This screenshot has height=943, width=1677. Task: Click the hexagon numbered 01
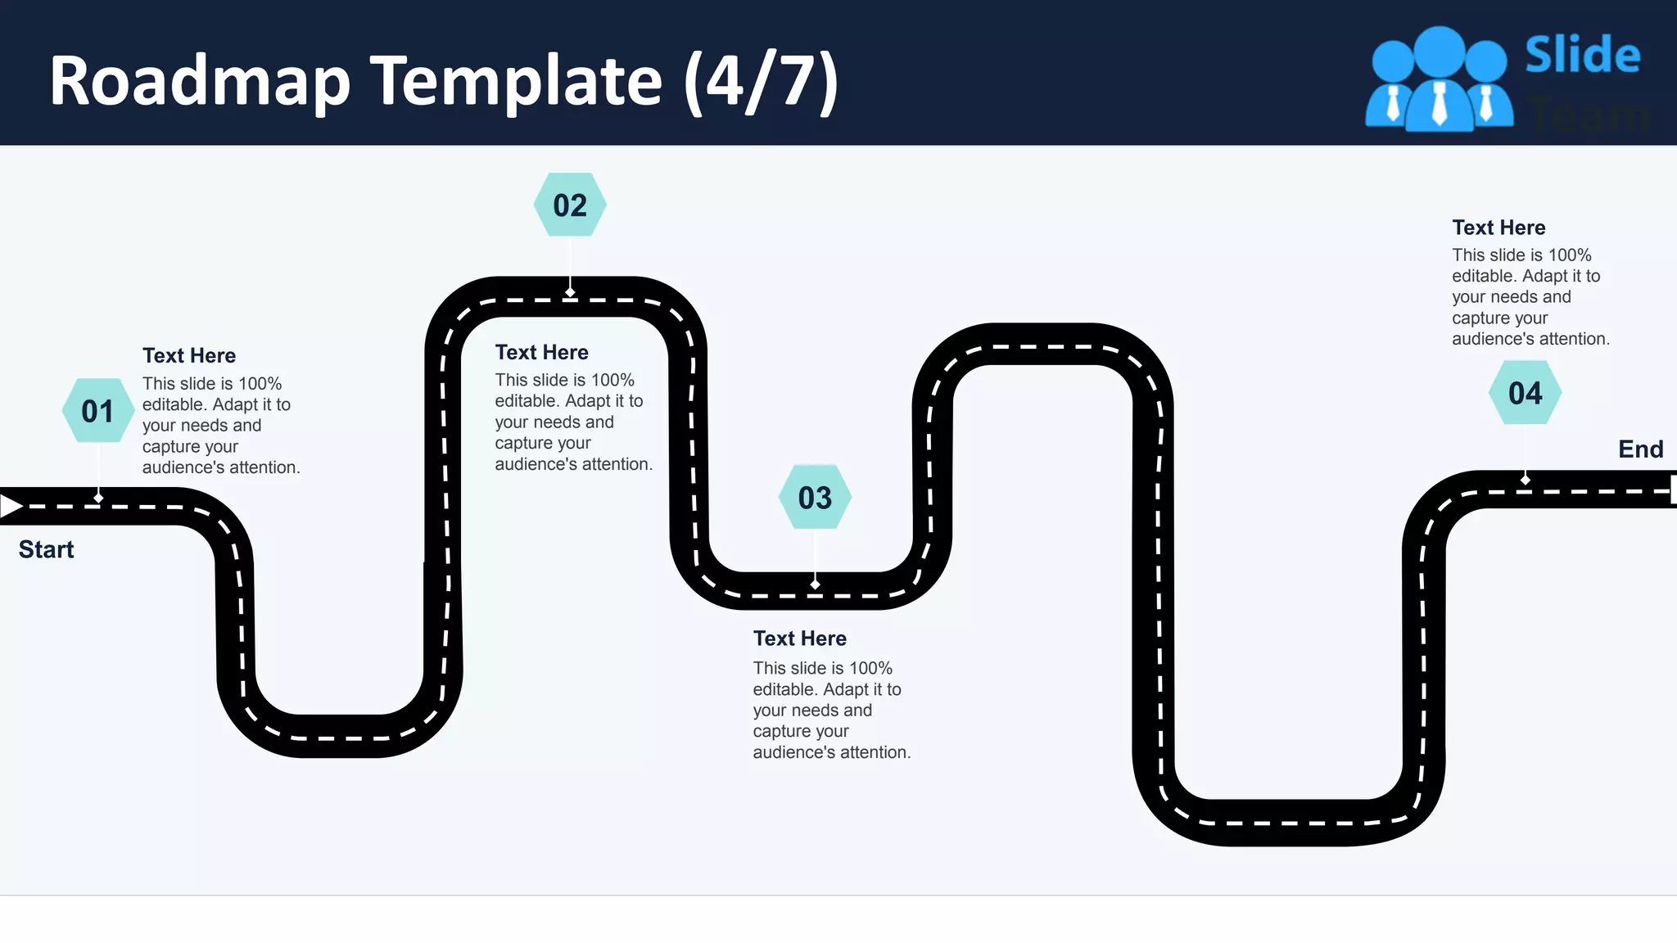tap(98, 410)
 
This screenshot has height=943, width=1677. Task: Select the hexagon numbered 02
tap(570, 205)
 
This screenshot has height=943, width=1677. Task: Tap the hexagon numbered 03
tap(815, 498)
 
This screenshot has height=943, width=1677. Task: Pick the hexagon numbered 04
tap(1525, 393)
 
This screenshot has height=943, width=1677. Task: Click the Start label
tap(46, 549)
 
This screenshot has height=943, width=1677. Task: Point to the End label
tap(1640, 449)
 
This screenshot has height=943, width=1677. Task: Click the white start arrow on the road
tap(11, 506)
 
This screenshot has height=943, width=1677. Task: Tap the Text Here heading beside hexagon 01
tap(189, 355)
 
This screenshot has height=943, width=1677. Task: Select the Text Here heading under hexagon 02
tap(541, 352)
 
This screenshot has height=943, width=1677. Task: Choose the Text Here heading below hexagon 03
tap(799, 638)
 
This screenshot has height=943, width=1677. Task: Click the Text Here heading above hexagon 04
tap(1498, 228)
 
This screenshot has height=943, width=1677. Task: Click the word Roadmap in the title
tap(200, 81)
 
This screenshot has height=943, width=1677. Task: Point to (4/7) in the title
tap(761, 81)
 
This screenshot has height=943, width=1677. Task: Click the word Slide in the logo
tap(1582, 55)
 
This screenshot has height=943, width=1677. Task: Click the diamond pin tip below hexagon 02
tap(570, 292)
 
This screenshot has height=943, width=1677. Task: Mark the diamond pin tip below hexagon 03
tap(815, 584)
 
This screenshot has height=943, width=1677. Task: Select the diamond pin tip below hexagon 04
tap(1525, 479)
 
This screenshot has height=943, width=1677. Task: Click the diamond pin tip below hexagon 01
tap(98, 498)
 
